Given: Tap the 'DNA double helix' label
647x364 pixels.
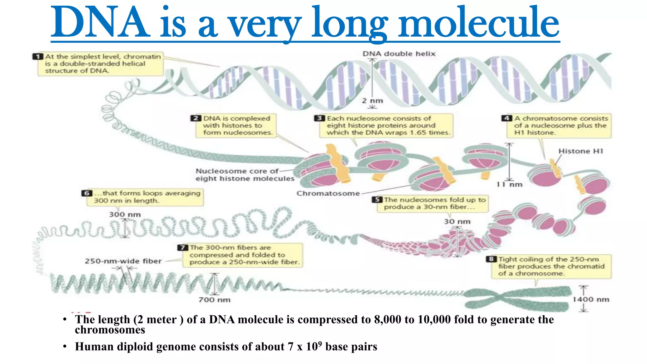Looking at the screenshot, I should click(x=399, y=54).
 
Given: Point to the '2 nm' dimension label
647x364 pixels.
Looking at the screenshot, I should click(x=372, y=101).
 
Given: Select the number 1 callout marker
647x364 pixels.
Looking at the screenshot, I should click(x=38, y=57).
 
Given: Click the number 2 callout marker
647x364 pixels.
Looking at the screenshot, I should click(x=196, y=118).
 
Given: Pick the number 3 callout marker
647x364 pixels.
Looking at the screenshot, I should click(x=319, y=118).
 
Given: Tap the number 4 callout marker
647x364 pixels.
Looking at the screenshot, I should click(x=506, y=118).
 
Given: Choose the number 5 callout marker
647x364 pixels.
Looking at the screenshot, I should click(x=377, y=200).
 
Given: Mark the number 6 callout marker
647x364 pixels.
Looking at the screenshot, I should click(x=87, y=193).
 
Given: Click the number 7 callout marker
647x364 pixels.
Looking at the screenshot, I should click(x=183, y=247).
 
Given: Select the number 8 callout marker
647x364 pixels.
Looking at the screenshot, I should click(x=491, y=259).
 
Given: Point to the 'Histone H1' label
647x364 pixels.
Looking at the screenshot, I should click(x=581, y=151).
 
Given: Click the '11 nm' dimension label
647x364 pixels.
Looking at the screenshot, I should click(x=509, y=185).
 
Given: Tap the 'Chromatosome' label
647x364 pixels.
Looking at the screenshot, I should click(x=328, y=193).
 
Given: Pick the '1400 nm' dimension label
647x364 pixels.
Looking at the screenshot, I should click(x=591, y=299).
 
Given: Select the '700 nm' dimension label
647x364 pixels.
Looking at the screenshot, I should click(x=215, y=300).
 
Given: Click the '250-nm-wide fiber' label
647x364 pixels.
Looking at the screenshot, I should click(x=123, y=261).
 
